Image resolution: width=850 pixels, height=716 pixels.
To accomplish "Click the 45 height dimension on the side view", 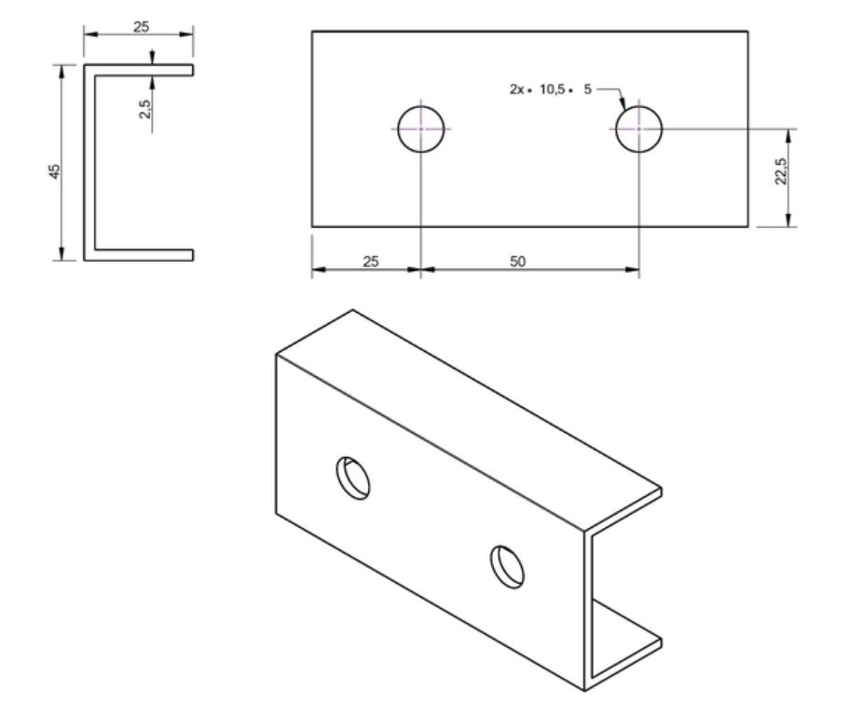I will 54,171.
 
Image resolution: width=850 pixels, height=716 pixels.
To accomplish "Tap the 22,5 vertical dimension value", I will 781,171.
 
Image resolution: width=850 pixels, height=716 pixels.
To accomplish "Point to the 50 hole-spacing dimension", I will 518,262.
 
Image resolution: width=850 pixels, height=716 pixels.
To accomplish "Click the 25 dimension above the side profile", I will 141,26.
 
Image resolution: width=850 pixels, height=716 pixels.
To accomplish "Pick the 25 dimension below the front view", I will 370,262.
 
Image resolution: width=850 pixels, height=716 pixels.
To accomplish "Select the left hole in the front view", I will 421,128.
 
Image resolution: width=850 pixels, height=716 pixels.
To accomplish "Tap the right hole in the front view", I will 638,128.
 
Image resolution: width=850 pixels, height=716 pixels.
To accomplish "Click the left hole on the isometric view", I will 353,478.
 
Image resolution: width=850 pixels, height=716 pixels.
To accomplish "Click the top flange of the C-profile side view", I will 140,69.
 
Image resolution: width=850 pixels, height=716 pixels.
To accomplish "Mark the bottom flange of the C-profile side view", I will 140,254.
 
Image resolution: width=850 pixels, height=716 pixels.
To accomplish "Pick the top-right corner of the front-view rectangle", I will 747,32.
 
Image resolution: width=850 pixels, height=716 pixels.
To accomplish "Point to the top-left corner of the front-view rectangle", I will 312,32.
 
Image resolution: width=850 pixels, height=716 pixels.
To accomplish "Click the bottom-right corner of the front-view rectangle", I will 747,226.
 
